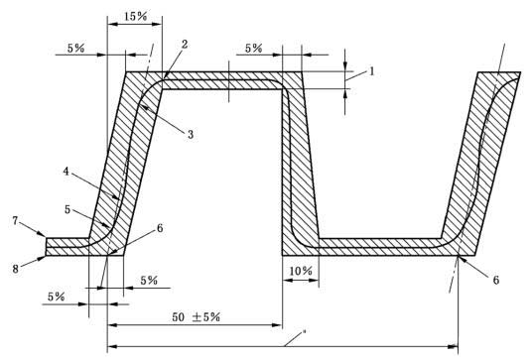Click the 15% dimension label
(135, 16)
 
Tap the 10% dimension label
(301, 271)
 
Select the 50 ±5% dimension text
(197, 317)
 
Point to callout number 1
(372, 71)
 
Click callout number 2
(185, 45)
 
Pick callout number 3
(191, 134)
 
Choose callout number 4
(66, 172)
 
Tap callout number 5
(67, 210)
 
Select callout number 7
(15, 221)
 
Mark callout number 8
(15, 269)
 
